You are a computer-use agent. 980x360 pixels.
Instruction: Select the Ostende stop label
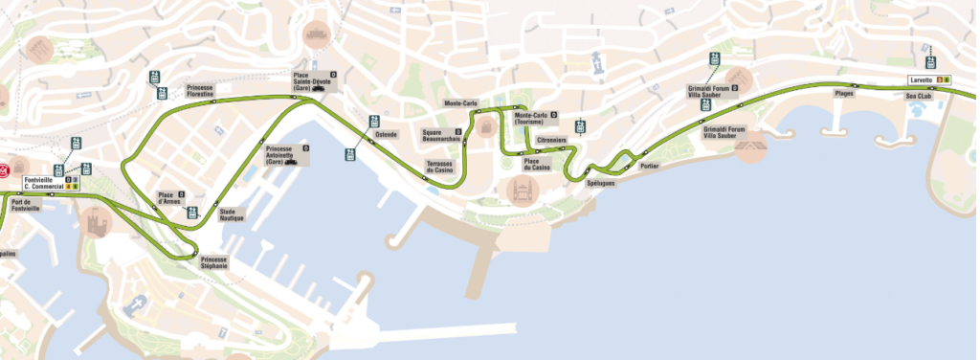pyautogui.click(x=386, y=134)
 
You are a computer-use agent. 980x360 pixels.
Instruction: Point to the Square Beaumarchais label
pyautogui.click(x=441, y=135)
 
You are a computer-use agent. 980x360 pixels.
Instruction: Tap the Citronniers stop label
pyautogui.click(x=552, y=141)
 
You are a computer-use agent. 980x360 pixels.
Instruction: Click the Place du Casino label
pyautogui.click(x=537, y=165)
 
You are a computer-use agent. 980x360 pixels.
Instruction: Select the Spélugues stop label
pyautogui.click(x=600, y=182)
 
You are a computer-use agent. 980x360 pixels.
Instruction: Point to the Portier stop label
pyautogui.click(x=650, y=166)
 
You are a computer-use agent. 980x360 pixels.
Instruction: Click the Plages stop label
pyautogui.click(x=844, y=93)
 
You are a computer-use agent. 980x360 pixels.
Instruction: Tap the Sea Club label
pyautogui.click(x=919, y=96)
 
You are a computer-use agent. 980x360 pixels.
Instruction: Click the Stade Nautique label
pyautogui.click(x=232, y=215)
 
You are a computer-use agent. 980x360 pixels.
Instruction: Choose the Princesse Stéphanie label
pyautogui.click(x=214, y=262)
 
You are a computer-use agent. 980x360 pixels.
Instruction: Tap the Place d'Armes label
pyautogui.click(x=169, y=198)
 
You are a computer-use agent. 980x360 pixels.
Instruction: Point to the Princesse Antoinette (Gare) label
pyautogui.click(x=279, y=155)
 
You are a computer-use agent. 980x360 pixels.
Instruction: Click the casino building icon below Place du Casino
pyautogui.click(x=523, y=191)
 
